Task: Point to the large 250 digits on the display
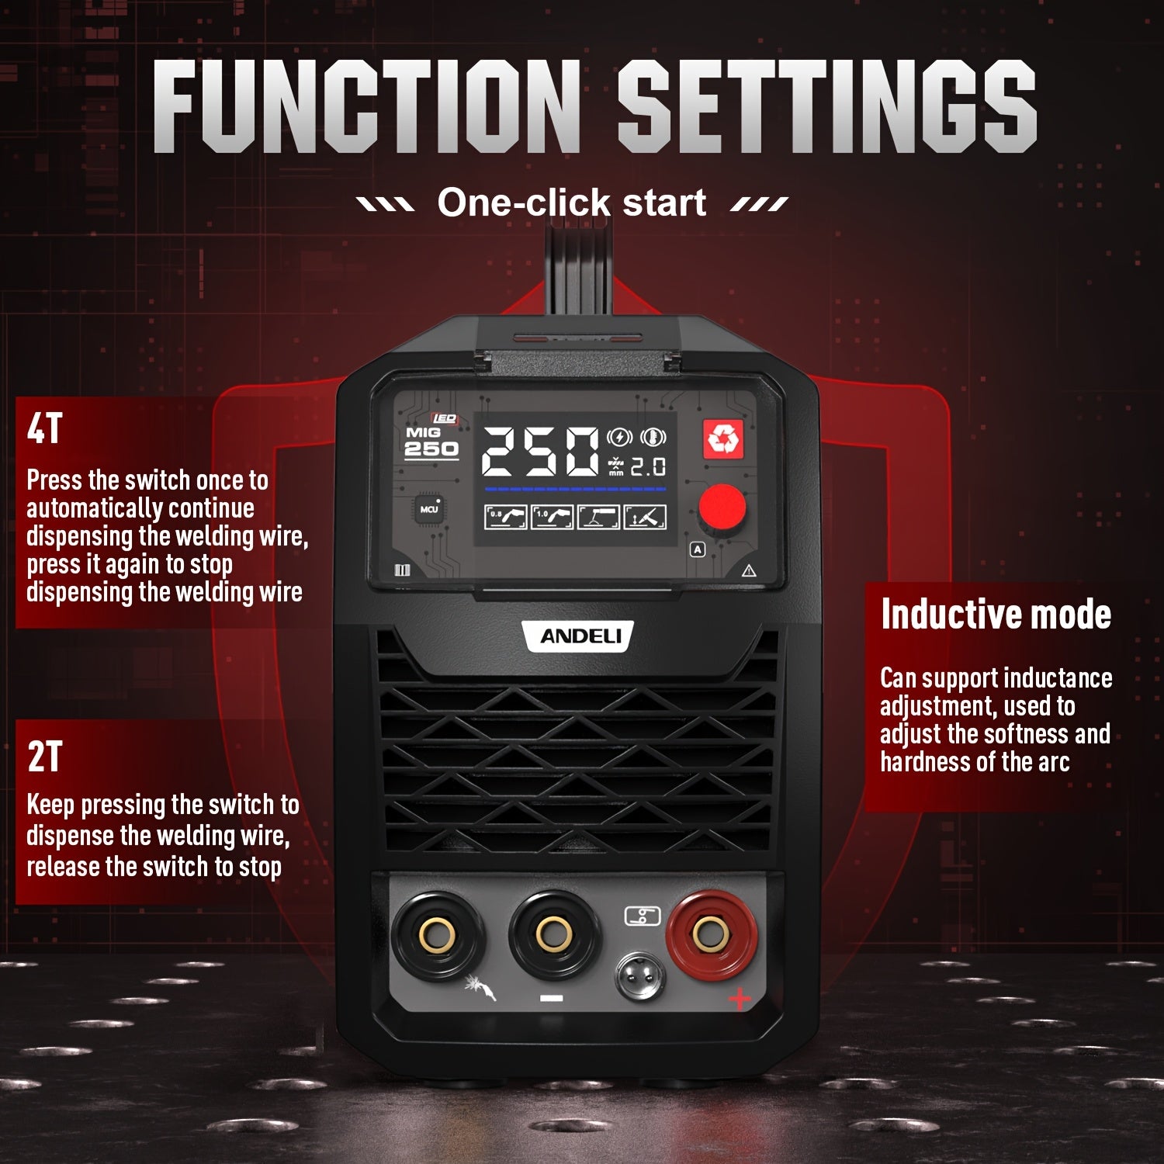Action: (541, 452)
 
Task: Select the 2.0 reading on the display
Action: (647, 466)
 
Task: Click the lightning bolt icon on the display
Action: (619, 437)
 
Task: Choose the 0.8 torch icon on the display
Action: (505, 517)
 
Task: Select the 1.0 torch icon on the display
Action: (552, 517)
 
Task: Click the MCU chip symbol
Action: (429, 509)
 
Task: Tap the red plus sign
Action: (740, 998)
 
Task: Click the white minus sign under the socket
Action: (551, 998)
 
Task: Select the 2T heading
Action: (44, 757)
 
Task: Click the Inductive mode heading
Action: (996, 615)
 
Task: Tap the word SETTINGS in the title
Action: (827, 106)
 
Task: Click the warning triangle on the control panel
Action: (749, 572)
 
